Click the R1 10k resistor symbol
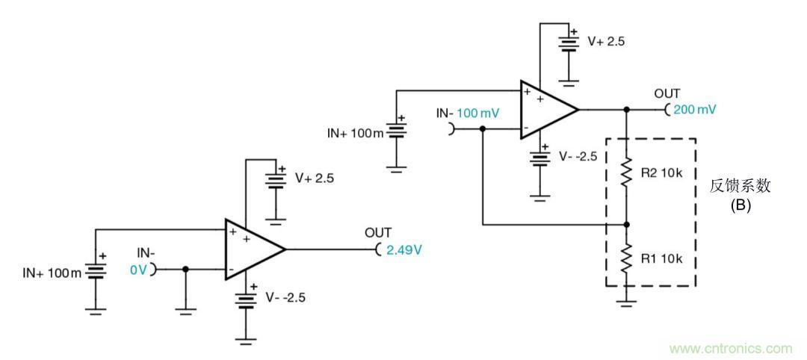pyautogui.click(x=626, y=258)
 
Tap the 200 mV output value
pyautogui.click(x=694, y=110)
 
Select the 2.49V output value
pyautogui.click(x=403, y=250)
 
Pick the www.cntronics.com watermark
pyautogui.click(x=730, y=348)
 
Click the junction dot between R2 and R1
pyautogui.click(x=626, y=224)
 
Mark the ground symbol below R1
pyautogui.click(x=626, y=302)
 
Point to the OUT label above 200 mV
pyautogui.click(x=668, y=93)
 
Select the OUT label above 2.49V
pyautogui.click(x=377, y=234)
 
